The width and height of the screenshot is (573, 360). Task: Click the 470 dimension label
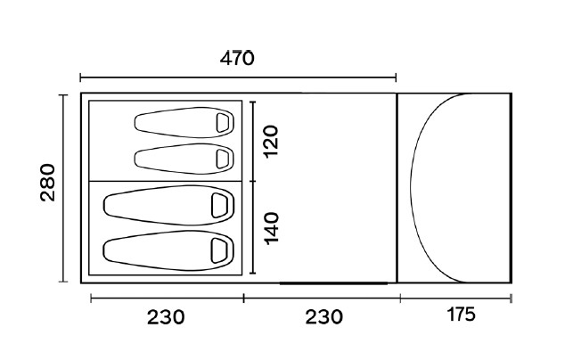pyautogui.click(x=237, y=59)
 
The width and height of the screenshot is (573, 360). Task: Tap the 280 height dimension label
pyautogui.click(x=48, y=182)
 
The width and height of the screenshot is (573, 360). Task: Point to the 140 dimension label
pyautogui.click(x=271, y=228)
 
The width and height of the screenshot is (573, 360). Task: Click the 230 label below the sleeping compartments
pyautogui.click(x=166, y=315)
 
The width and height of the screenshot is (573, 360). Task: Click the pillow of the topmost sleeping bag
pyautogui.click(x=223, y=121)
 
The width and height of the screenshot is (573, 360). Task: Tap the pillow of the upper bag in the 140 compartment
pyautogui.click(x=217, y=204)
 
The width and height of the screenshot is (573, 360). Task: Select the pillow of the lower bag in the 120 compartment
pyautogui.click(x=223, y=158)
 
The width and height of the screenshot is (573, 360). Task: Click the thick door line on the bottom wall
pyautogui.click(x=335, y=282)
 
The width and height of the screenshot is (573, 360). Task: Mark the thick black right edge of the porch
pyautogui.click(x=511, y=187)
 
